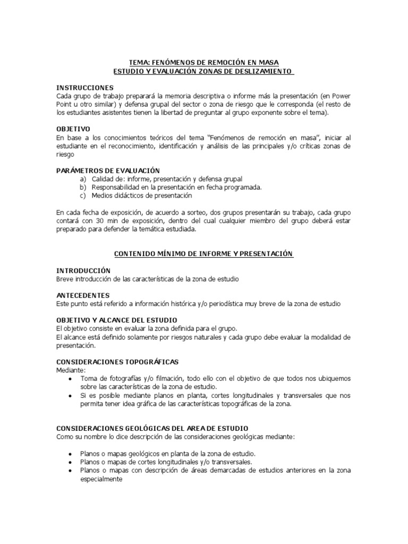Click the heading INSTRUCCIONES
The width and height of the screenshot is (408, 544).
[x=85, y=87]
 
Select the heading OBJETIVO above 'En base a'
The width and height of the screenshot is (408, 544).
[x=73, y=129]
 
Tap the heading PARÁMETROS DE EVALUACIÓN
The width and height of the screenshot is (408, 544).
[x=108, y=171]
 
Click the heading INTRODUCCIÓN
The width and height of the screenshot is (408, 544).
[x=83, y=270]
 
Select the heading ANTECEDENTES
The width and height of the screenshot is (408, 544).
[x=83, y=295]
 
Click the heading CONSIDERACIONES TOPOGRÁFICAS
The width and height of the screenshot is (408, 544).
[x=117, y=361]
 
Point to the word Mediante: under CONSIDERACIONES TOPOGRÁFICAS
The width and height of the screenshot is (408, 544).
[x=71, y=370]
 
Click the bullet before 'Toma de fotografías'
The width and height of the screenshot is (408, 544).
[x=71, y=379]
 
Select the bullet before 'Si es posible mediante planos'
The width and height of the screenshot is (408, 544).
[x=71, y=396]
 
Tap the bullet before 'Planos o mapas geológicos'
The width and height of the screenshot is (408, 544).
[x=71, y=454]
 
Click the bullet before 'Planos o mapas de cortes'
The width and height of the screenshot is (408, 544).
[x=71, y=462]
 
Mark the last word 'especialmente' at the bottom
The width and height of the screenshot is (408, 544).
[x=101, y=479]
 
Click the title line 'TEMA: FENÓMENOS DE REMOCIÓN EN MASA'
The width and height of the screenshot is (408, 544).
[x=204, y=62]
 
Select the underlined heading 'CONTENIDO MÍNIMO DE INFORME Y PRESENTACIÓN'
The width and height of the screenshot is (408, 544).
[x=204, y=254]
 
